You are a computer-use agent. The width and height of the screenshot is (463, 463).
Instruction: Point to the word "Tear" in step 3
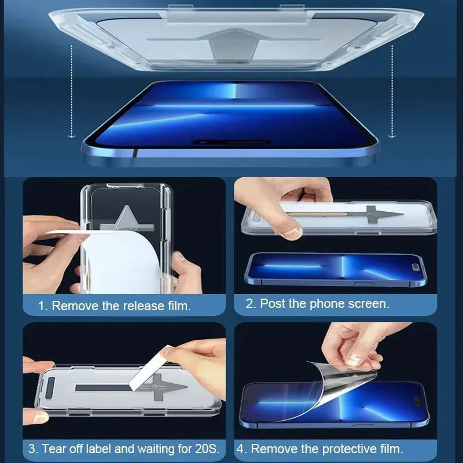(x=54, y=448)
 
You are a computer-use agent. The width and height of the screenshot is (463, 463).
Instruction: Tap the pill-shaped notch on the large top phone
(x=231, y=142)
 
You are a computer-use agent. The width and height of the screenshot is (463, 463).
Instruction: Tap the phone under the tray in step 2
(x=336, y=269)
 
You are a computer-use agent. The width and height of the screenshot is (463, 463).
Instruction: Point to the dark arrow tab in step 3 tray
(x=168, y=388)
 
